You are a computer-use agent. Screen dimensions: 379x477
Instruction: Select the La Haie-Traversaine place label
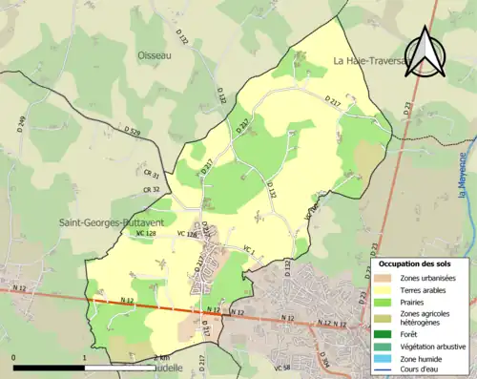point(368,61)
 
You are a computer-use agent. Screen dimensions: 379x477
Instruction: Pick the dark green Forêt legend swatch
point(384,333)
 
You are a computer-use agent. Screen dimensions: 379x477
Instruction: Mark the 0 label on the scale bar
point(14,357)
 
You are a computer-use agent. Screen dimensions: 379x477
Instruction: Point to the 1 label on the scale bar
point(84,357)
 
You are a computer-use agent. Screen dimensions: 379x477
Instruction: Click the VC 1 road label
point(251,250)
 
